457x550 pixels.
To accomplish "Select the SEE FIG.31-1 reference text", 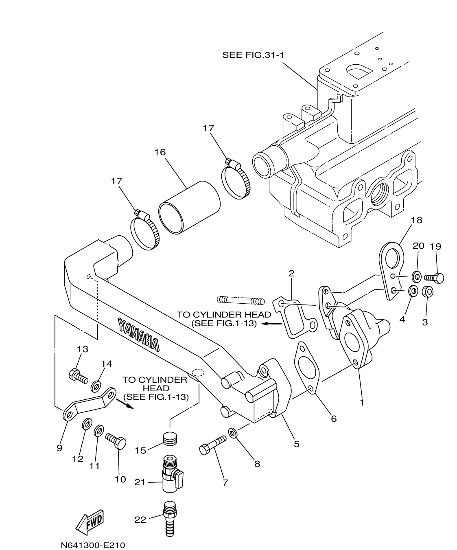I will (x=252, y=55).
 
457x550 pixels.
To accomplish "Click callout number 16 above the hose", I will (x=160, y=152).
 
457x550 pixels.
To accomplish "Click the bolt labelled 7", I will (x=212, y=445).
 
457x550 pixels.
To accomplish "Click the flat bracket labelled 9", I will (x=90, y=404).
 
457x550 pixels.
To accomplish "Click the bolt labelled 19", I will (x=434, y=278).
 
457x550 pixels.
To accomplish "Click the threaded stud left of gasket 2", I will (x=241, y=300).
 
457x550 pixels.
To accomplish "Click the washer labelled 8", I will (x=233, y=432).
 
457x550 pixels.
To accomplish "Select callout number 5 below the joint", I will (x=296, y=443).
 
